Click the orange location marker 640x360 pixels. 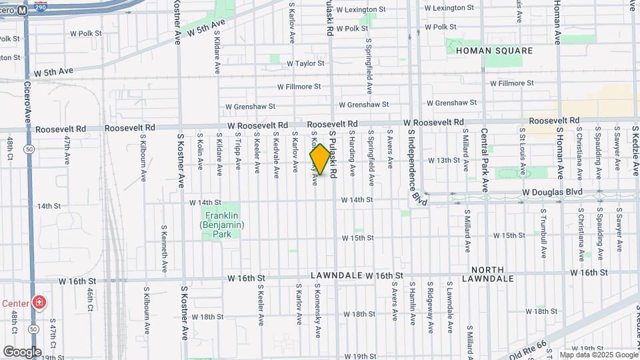320,160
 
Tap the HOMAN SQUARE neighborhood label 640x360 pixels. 494,51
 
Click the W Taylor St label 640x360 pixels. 305,63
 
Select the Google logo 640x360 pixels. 22,351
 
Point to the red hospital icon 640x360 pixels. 39,303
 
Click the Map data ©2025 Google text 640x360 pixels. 599,355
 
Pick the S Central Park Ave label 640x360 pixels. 485,160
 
